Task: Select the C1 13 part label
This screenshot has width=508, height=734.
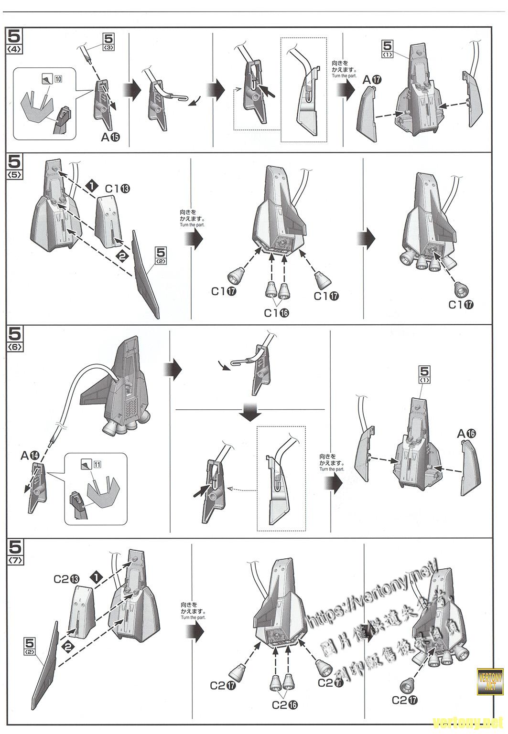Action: pos(118,189)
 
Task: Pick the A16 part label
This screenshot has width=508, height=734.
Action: pos(466,433)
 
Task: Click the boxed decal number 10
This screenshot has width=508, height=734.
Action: pos(57,79)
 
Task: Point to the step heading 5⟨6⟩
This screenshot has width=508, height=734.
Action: pos(15,338)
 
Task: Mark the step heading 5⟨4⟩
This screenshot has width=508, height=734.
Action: pos(15,40)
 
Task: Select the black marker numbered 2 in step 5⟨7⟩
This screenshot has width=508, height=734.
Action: pos(68,647)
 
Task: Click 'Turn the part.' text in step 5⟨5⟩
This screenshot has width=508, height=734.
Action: pos(192,224)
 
